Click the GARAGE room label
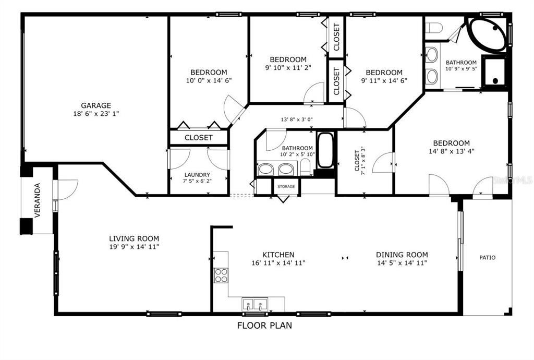pos(96,105)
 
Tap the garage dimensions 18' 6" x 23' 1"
pos(96,114)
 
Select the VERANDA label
pos(38,200)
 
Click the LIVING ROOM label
pos(134,239)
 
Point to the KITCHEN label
pos(278,255)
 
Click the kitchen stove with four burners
pos(221,275)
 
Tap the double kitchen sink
pos(254,304)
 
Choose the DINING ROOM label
pos(402,255)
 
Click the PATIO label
pos(488,258)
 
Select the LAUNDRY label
pos(197,175)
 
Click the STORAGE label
pos(286,187)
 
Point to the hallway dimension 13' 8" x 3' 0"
pos(297,119)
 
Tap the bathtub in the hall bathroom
pos(325,150)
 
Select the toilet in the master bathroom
pos(434,28)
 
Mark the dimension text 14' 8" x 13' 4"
pos(451,151)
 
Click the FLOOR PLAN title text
pos(264,326)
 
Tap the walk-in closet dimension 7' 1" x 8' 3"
pos(363,159)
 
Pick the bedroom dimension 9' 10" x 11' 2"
pos(288,68)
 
